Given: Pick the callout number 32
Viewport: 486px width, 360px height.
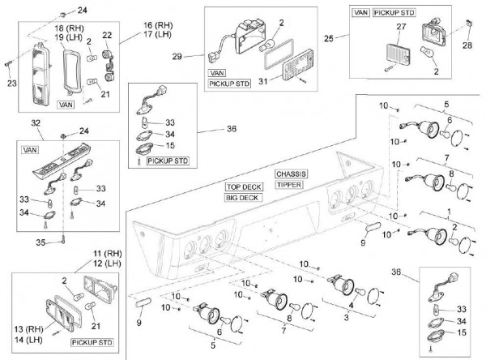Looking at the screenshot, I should (x=35, y=122).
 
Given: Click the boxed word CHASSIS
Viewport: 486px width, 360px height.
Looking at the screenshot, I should (x=291, y=174).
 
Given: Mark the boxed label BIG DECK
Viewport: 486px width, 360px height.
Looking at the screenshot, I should (x=245, y=197).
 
